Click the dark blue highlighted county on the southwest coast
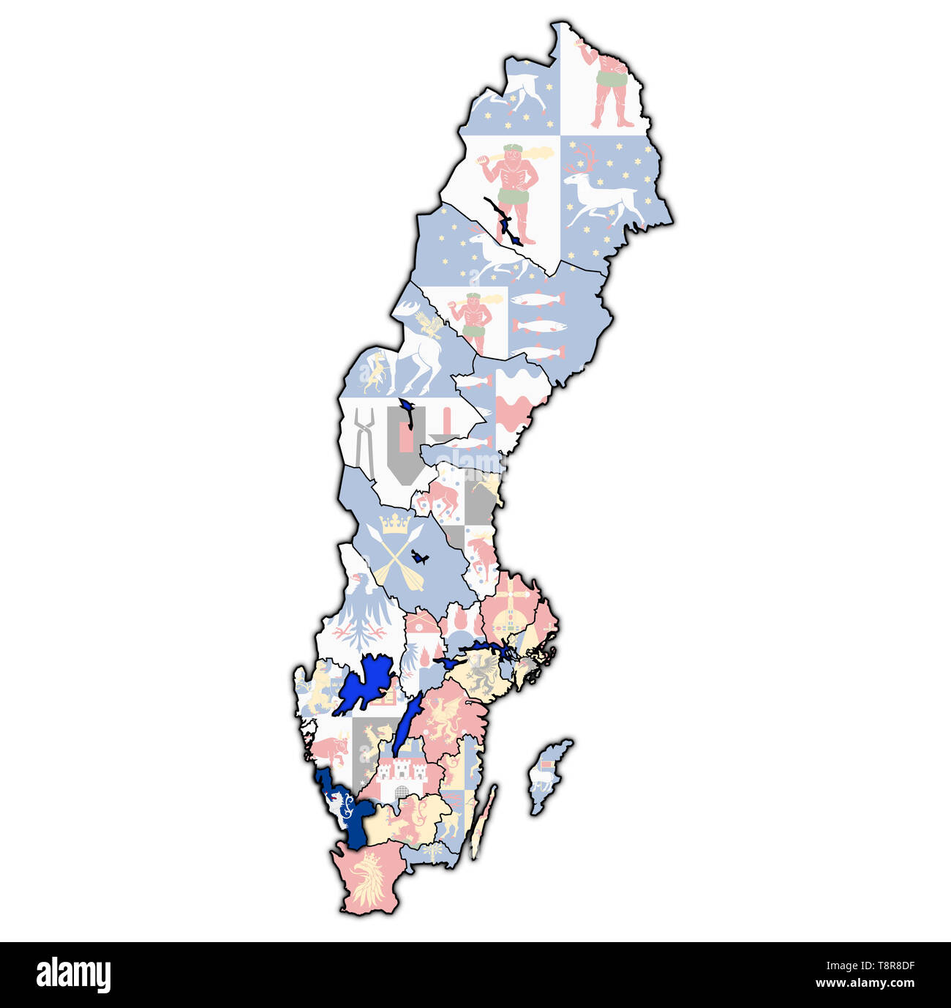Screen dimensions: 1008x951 (350, 816)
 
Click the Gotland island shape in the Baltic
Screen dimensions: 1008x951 (549, 776)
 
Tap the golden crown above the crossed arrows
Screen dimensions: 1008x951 (396, 523)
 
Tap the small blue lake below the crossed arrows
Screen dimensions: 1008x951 (419, 557)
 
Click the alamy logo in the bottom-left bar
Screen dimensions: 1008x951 (73, 975)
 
